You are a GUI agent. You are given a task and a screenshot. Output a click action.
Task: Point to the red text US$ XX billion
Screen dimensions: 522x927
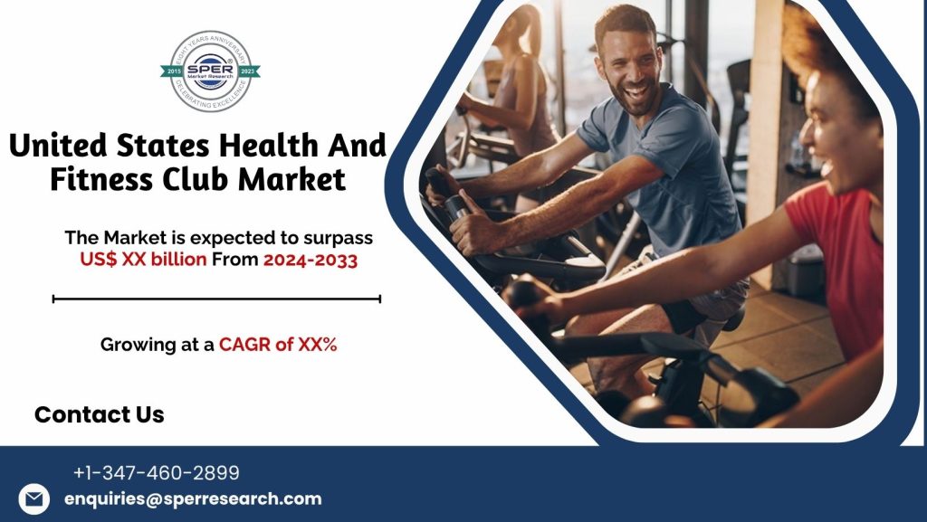tap(143, 261)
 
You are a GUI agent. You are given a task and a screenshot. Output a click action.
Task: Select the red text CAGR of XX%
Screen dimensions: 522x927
tap(278, 345)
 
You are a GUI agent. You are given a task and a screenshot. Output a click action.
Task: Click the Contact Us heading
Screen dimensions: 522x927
tap(100, 415)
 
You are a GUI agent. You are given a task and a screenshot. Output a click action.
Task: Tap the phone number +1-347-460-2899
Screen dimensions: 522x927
tap(157, 472)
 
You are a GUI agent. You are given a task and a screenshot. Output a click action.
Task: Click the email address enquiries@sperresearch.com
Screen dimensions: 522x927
tap(193, 498)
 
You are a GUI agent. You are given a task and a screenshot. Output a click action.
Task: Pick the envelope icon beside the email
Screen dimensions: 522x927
tap(34, 499)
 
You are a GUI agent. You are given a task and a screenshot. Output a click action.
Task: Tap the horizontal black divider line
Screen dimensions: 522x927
tap(216, 299)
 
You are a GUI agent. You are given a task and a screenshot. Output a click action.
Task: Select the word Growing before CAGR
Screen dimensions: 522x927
tap(136, 345)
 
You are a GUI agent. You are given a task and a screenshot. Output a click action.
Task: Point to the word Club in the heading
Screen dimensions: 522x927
tap(200, 180)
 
